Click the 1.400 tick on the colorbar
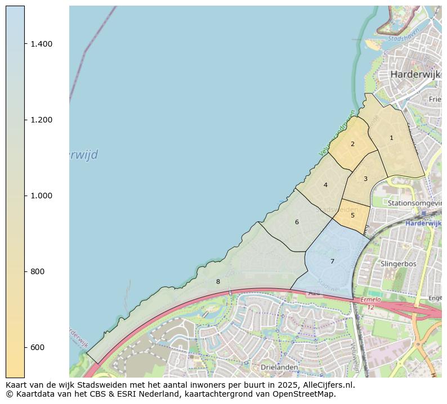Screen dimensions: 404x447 click(41, 44)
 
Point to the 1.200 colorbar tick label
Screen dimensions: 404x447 click(41, 120)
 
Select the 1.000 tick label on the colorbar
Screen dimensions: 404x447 click(41, 196)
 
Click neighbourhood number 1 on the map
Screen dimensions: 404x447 click(391, 138)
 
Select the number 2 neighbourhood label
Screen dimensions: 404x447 click(352, 144)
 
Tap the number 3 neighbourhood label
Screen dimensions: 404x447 click(365, 179)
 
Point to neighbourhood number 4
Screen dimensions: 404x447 click(325, 185)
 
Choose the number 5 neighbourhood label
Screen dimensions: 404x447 click(352, 215)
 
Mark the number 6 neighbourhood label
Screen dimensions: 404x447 click(297, 222)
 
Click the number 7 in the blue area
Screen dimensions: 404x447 click(332, 261)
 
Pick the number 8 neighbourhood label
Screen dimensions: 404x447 click(218, 282)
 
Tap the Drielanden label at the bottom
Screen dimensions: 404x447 click(279, 367)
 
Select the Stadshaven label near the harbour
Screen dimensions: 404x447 click(403, 39)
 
